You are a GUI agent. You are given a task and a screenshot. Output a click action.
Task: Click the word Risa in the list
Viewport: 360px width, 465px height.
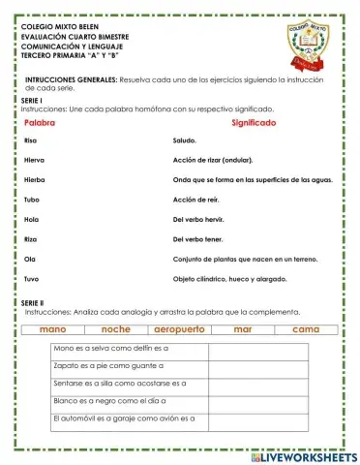coord(31,141)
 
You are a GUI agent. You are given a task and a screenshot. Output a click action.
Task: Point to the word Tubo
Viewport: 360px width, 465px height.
coord(32,200)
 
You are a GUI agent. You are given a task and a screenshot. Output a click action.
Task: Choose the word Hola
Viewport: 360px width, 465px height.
coord(31,219)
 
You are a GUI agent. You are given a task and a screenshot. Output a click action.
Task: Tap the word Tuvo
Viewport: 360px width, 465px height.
coord(32,278)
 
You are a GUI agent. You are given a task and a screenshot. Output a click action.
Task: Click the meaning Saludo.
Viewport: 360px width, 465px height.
coord(187,141)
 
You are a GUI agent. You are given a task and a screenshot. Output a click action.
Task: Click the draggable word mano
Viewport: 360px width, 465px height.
coord(53,330)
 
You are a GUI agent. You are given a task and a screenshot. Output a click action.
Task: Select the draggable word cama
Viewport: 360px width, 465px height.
coord(306,330)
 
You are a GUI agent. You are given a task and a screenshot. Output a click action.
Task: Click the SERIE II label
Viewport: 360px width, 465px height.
coord(32,303)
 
